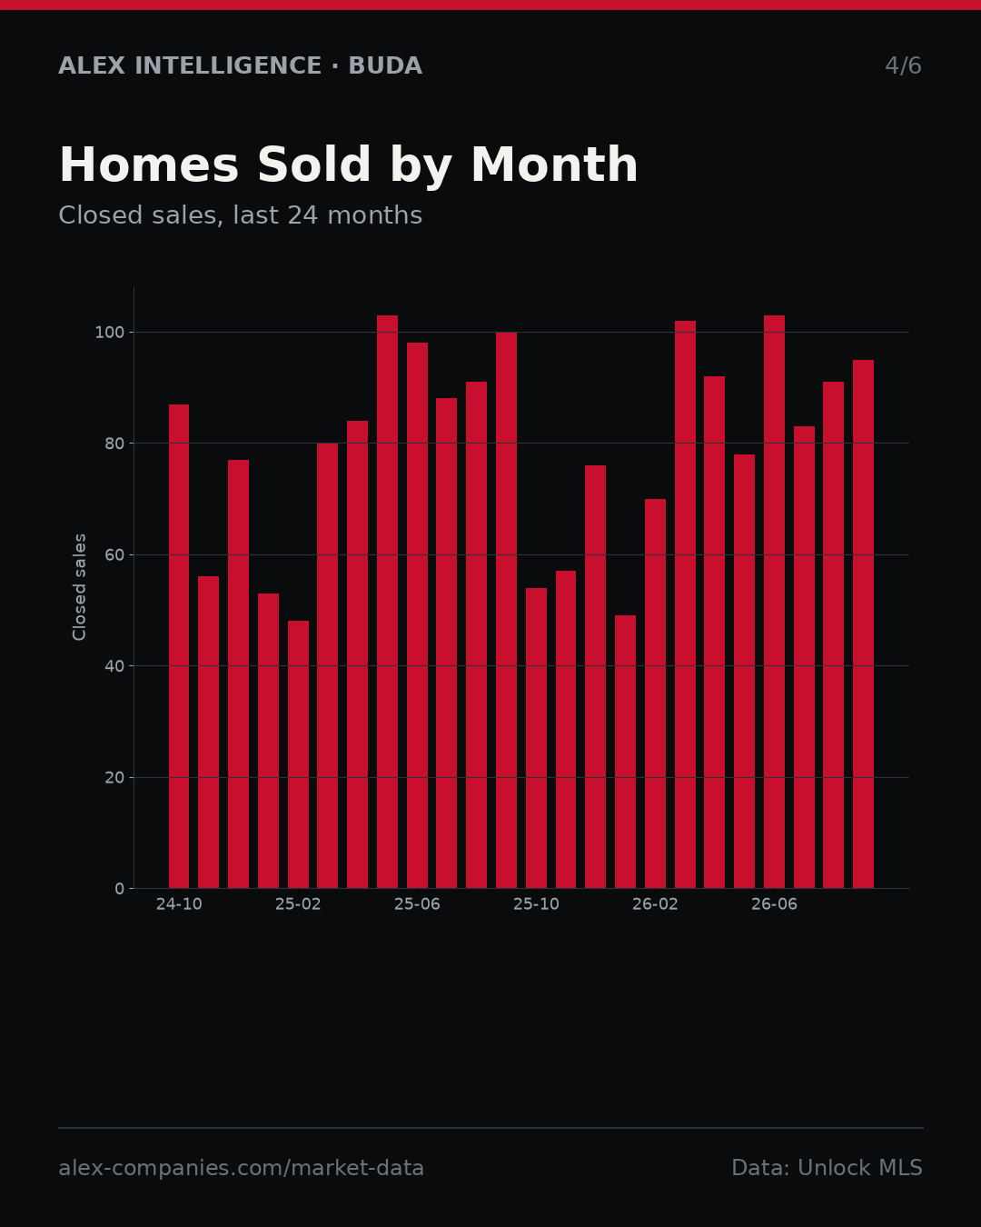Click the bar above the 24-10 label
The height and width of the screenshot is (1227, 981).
178,646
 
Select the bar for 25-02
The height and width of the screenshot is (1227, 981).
298,754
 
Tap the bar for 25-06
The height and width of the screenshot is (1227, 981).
417,615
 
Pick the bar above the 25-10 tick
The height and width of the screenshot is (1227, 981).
537,738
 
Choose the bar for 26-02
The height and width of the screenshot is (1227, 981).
656,693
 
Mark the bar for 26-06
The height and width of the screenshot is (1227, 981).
774,602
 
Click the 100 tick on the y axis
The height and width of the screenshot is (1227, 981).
109,333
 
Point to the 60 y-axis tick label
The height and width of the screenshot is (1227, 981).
114,554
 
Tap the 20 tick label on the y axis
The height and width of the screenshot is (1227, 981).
114,778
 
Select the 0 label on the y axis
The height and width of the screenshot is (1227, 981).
119,889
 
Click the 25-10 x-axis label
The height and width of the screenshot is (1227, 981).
537,904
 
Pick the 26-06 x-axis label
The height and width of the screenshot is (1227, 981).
774,904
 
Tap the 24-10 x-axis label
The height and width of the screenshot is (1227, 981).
179,904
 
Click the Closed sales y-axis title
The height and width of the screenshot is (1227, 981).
79,587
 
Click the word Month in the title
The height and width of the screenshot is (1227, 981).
554,165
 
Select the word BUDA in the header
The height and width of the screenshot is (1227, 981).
385,65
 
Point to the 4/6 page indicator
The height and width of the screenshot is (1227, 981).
904,65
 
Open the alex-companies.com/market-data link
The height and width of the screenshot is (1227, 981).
241,1168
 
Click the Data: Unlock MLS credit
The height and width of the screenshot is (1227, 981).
827,1168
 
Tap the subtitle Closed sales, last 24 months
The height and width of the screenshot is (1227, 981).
241,215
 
